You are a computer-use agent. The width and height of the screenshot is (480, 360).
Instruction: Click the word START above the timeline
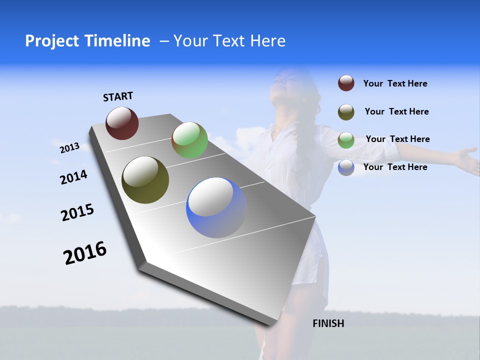(118, 96)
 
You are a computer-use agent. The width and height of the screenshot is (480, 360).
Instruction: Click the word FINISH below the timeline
(328, 323)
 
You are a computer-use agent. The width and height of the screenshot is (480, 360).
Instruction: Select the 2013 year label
(69, 148)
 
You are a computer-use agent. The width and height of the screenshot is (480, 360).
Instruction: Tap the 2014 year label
(73, 177)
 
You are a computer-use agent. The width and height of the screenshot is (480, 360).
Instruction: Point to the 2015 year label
(77, 212)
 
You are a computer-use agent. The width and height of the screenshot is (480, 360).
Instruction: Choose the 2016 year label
(85, 253)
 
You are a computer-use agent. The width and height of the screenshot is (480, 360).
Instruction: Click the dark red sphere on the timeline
(122, 123)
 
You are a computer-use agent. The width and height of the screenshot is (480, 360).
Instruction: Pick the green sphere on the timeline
(189, 140)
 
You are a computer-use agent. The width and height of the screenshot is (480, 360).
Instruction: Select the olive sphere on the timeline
(145, 180)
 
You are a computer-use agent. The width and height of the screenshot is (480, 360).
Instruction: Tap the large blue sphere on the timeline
(216, 207)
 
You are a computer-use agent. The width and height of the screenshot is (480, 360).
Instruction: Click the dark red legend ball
(346, 83)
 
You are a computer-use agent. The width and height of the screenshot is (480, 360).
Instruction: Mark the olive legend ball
(346, 112)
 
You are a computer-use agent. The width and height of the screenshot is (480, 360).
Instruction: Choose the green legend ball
(346, 140)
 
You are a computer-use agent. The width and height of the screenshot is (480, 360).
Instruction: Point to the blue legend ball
(346, 167)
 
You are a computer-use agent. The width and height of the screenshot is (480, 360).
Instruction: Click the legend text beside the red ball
(395, 84)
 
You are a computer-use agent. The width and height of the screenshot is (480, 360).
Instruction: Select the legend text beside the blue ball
(395, 167)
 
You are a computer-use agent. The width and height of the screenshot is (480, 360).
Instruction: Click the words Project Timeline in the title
(87, 41)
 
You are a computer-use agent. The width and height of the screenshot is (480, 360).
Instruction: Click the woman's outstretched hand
(467, 159)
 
